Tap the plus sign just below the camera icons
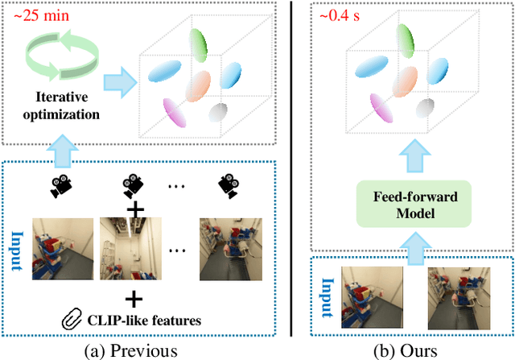click(135, 209)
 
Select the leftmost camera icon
click(60, 188)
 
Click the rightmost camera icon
click(228, 188)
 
